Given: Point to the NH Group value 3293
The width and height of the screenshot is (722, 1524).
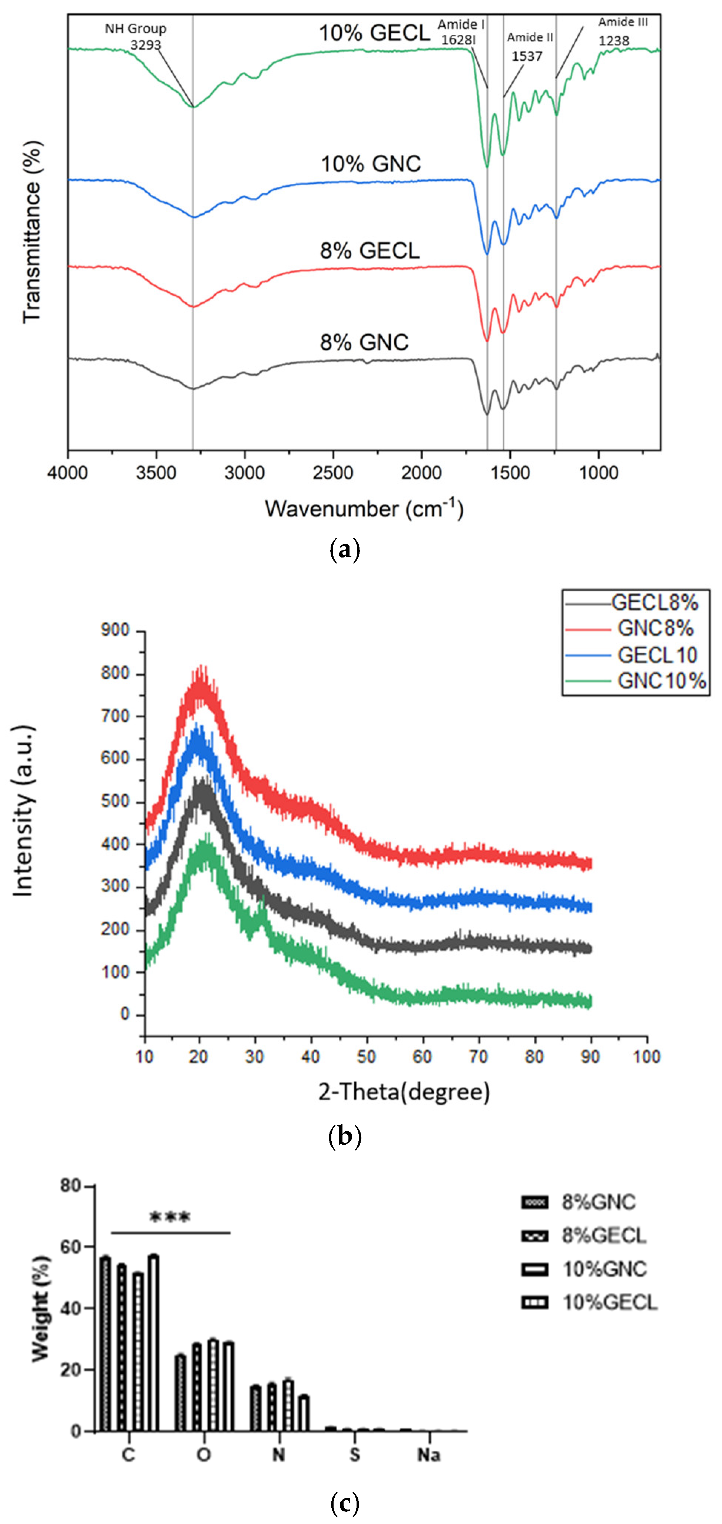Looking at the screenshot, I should [x=146, y=45].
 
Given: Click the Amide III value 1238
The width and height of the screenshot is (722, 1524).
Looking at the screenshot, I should [x=614, y=41].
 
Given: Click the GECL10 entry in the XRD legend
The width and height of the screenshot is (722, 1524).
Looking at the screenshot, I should [x=657, y=655].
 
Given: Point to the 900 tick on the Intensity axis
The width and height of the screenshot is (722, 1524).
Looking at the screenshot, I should [x=115, y=630].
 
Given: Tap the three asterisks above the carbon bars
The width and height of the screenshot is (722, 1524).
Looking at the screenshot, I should [x=170, y=1218].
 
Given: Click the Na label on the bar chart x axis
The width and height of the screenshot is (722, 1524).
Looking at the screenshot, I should [x=429, y=1455].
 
